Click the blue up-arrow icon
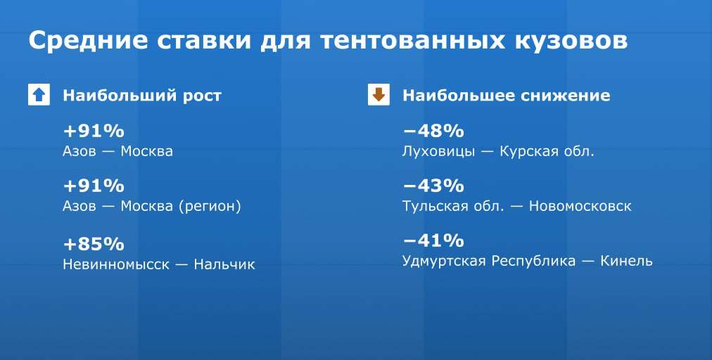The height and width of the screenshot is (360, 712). (x=39, y=94)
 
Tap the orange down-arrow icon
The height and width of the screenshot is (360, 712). (x=379, y=94)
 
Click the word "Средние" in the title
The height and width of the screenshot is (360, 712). (x=88, y=40)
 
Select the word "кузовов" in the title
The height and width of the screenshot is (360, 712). (x=571, y=41)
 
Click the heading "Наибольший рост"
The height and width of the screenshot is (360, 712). (x=142, y=96)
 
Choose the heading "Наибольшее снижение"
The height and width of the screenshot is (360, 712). (x=507, y=96)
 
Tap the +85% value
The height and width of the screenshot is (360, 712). (x=94, y=244)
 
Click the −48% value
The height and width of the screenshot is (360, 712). (x=433, y=131)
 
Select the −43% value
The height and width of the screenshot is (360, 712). (x=433, y=186)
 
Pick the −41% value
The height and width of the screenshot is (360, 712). (x=433, y=240)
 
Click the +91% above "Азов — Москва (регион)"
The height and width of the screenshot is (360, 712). (x=94, y=186)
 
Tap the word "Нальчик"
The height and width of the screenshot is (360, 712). (x=224, y=264)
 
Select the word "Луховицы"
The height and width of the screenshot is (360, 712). (x=438, y=152)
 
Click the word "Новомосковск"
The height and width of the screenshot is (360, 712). (x=580, y=206)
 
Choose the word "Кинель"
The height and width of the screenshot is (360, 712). (x=627, y=261)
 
